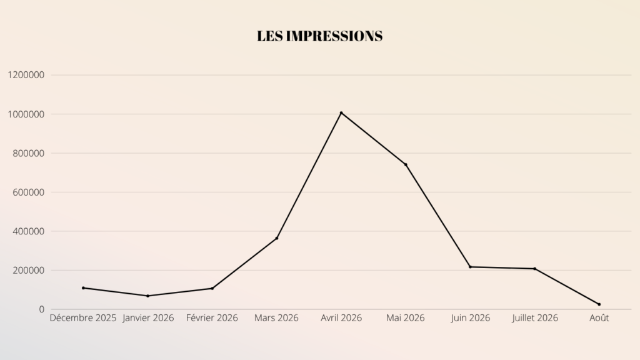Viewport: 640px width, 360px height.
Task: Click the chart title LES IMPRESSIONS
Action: click(319, 36)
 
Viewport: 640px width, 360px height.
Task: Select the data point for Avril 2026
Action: click(341, 112)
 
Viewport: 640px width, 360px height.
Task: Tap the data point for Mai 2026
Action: click(406, 164)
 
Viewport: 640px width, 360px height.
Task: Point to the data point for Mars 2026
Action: click(277, 238)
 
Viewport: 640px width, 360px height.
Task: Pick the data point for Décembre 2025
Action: click(83, 287)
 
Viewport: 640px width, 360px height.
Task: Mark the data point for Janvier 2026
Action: click(147, 296)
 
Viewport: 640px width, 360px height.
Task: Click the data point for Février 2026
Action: click(212, 288)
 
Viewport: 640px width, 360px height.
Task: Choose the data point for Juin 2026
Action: click(470, 267)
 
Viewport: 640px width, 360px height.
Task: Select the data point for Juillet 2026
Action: click(535, 269)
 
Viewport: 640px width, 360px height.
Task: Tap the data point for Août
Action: click(599, 304)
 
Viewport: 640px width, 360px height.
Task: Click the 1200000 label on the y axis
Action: click(26, 75)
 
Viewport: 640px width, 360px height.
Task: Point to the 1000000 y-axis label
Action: click(26, 114)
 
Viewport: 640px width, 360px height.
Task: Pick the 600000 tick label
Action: click(28, 192)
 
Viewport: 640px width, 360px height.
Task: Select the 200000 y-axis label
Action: click(28, 270)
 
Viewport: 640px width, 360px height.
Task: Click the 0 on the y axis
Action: click(42, 309)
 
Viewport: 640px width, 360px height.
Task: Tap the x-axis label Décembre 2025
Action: click(83, 318)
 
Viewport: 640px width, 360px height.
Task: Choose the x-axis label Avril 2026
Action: click(341, 318)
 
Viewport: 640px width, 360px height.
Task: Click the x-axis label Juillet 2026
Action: click(535, 318)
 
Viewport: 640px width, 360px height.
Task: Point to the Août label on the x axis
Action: click(599, 318)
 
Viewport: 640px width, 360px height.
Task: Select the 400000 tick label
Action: click(28, 231)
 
